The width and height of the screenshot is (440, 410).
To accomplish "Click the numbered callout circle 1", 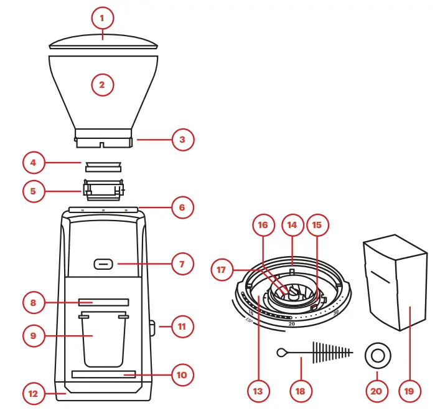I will pyautogui.click(x=102, y=19).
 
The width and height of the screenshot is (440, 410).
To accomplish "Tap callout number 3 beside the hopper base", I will pyautogui.click(x=182, y=140).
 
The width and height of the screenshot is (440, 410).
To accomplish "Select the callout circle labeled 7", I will pyautogui.click(x=182, y=264).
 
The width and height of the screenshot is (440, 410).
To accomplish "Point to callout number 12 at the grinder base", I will pyautogui.click(x=33, y=394).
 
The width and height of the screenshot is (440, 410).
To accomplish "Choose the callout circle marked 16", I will pyautogui.click(x=263, y=225).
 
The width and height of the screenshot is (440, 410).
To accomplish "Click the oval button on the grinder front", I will pyautogui.click(x=103, y=264).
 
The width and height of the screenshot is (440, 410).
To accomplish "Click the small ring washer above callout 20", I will pyautogui.click(x=377, y=355).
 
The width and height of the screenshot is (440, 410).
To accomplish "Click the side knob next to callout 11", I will pyautogui.click(x=152, y=325).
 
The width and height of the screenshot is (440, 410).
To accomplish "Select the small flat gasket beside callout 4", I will pyautogui.click(x=103, y=164).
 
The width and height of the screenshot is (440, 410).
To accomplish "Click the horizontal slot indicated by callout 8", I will pyautogui.click(x=103, y=302).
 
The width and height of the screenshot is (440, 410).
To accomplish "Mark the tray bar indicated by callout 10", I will pyautogui.click(x=103, y=374).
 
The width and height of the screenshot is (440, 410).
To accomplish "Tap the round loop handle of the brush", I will pyautogui.click(x=281, y=352).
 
